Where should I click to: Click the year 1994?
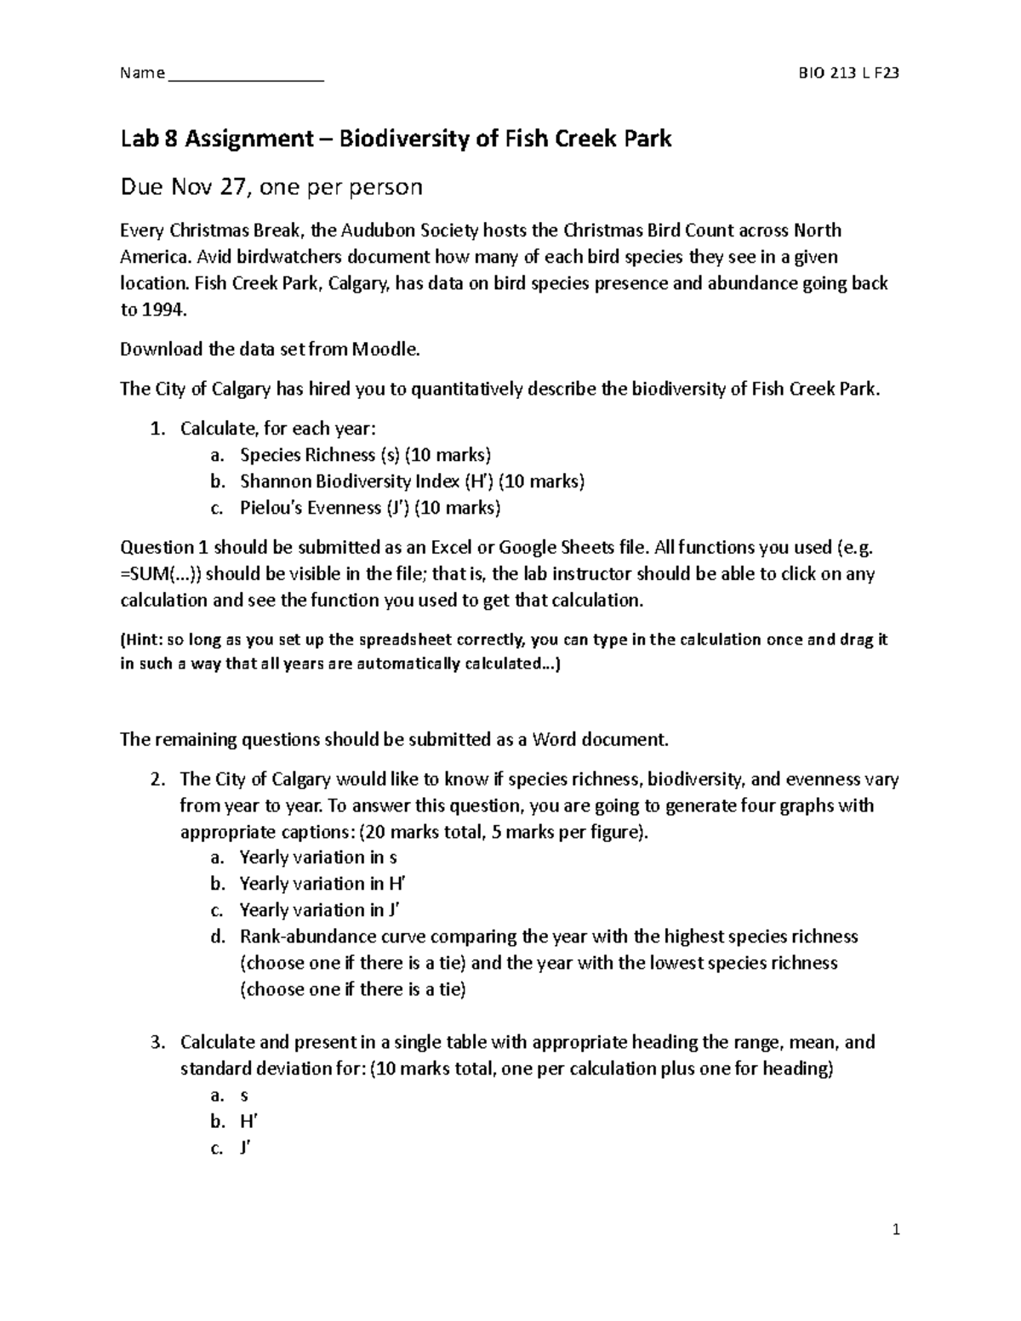(163, 310)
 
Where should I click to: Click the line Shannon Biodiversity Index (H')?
(412, 481)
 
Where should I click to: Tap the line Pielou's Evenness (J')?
(370, 508)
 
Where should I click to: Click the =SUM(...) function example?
(163, 574)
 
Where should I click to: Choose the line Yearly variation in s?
(318, 857)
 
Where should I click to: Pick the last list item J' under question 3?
(245, 1147)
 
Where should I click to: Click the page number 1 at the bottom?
(895, 1230)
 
